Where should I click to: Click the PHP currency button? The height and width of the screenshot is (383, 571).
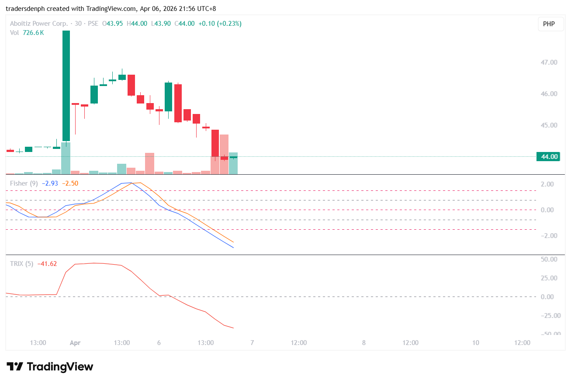[549, 24]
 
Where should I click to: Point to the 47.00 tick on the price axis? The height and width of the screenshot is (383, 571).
[549, 62]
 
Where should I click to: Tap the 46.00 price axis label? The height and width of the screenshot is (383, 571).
[549, 94]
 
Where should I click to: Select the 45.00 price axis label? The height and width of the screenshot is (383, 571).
[549, 125]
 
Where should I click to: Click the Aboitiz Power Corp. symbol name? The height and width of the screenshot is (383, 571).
[39, 24]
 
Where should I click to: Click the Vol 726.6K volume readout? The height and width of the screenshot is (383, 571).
[27, 32]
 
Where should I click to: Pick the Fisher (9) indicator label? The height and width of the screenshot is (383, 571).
[24, 183]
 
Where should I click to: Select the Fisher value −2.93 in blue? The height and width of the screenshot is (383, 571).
[50, 183]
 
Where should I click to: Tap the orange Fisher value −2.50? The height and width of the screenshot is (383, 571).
[70, 183]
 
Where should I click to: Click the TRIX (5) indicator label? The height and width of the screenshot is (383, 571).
[22, 264]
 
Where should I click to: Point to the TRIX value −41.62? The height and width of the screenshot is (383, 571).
[47, 264]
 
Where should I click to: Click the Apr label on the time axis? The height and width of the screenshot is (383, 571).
[75, 343]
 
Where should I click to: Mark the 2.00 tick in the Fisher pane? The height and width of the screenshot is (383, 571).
[547, 184]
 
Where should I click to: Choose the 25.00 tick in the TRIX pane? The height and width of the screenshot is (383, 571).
[547, 278]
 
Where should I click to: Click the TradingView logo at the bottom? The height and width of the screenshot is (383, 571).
[50, 367]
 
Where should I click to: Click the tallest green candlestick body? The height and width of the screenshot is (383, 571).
[66, 86]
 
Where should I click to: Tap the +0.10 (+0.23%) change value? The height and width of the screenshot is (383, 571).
[220, 24]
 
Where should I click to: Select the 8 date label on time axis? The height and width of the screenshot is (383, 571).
[364, 343]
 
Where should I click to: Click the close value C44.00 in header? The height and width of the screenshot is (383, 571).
[185, 24]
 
